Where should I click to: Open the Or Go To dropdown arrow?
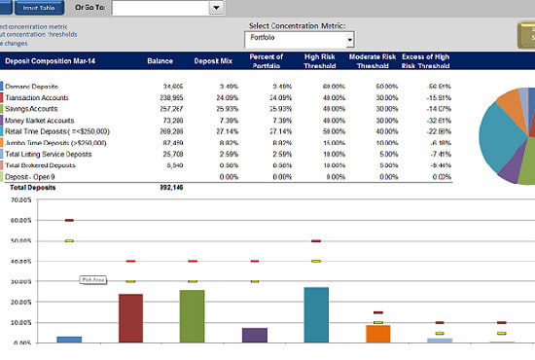coord(216,8)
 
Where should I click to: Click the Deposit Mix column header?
coord(211,61)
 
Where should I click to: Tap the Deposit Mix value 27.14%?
coord(213,130)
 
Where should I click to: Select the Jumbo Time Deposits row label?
coord(50,142)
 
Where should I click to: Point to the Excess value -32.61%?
coord(421,120)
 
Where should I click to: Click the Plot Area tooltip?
coord(92,280)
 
